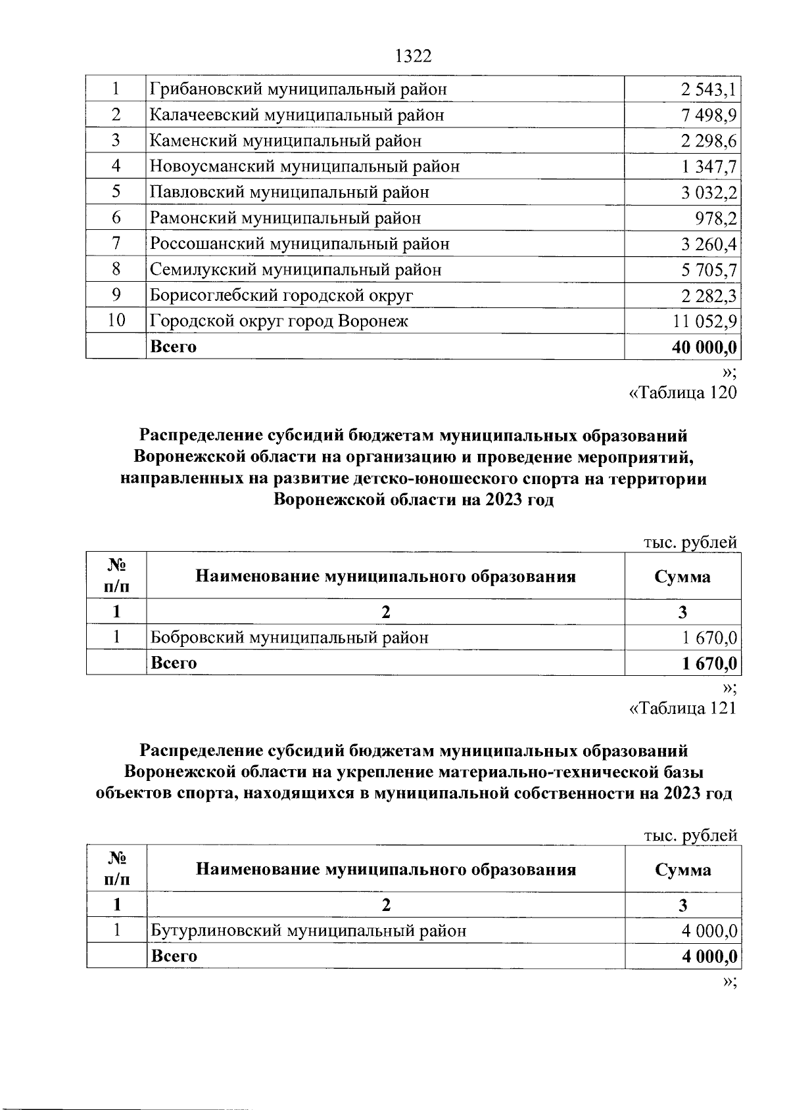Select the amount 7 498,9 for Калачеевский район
pos(709,116)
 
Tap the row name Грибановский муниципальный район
pos(299,89)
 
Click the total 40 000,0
pos(704,347)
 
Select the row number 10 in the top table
pos(116,321)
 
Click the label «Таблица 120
pos(683,393)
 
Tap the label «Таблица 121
pos(683,708)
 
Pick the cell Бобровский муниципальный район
pos(289,638)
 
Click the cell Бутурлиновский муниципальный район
pos(308,931)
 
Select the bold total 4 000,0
pos(709,956)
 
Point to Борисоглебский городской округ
pos(281,296)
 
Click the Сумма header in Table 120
pos(682,577)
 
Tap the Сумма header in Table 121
pos(682,870)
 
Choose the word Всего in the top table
pos(174,347)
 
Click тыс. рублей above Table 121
pos(690,835)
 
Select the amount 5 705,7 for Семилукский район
pos(709,270)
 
